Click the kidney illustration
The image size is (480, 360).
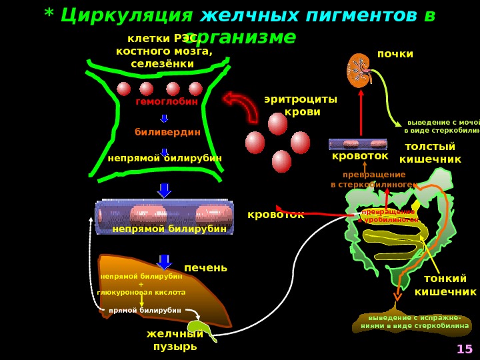359,71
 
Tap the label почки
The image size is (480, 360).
395,54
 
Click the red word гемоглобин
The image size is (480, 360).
167,102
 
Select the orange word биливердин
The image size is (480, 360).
167,132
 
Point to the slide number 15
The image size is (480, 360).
464,349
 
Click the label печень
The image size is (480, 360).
205,268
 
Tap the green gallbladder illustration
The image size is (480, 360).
201,327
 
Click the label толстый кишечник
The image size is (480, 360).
430,153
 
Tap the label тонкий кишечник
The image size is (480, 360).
445,285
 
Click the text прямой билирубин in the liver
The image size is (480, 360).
145,311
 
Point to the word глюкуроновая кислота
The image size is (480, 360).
141,293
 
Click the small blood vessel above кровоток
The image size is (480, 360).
357,143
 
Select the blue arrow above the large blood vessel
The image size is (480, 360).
164,191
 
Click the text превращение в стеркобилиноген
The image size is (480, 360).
373,180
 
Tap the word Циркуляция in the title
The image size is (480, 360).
127,15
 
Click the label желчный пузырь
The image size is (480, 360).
175,340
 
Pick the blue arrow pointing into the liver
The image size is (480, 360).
164,261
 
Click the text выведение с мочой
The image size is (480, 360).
443,123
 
